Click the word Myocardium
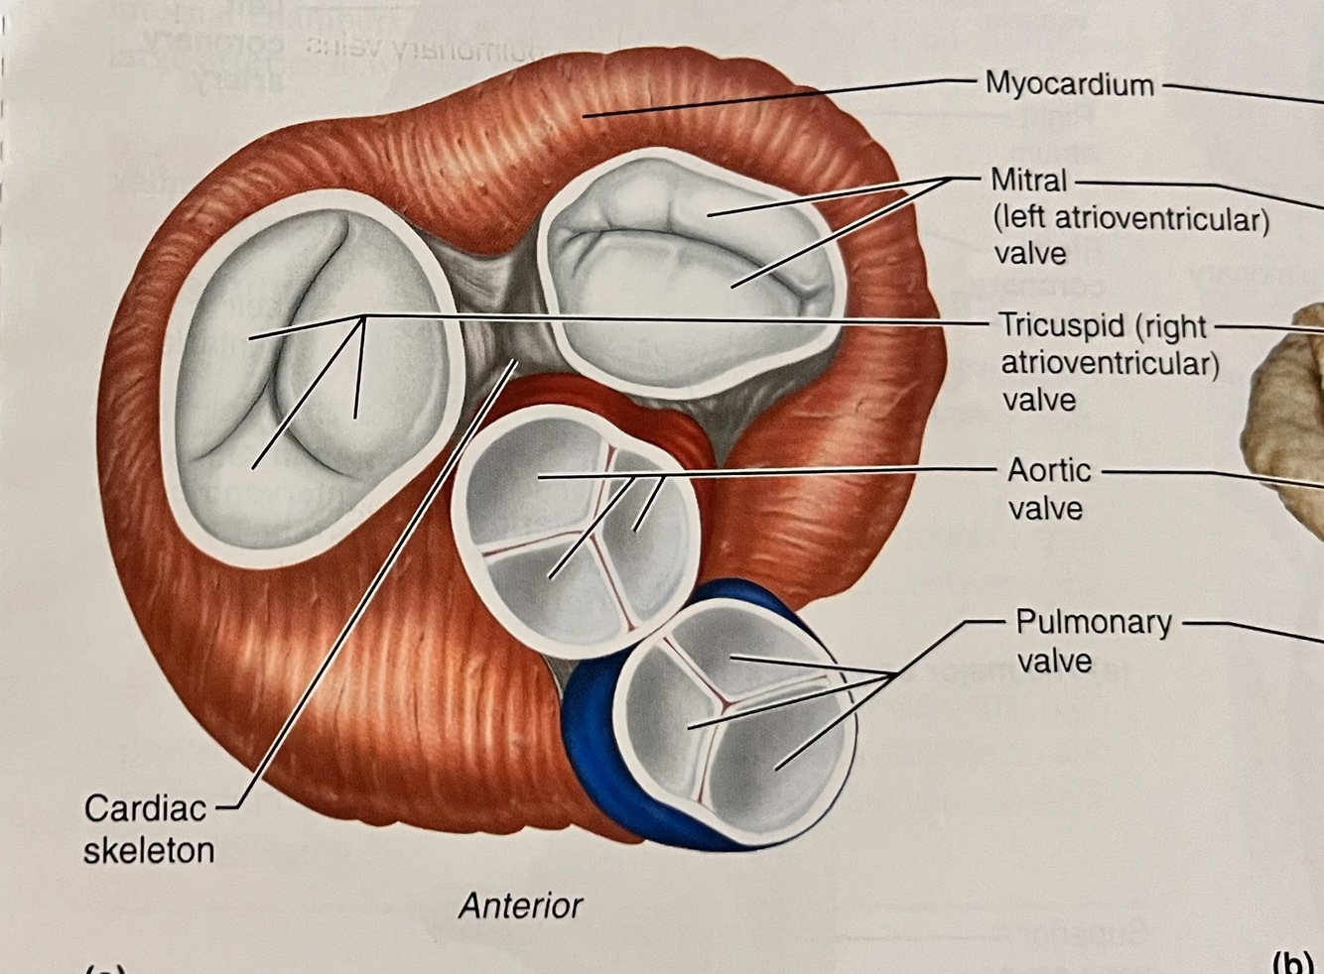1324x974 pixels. tap(1069, 84)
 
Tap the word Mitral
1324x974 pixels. tap(1029, 181)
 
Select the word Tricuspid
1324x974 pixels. tap(1061, 325)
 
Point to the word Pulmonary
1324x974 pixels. tap(1094, 623)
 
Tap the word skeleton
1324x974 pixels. tap(149, 851)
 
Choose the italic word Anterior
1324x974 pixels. tap(520, 906)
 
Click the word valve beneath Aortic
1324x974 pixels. tap(1045, 508)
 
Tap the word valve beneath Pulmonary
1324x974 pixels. tap(1054, 661)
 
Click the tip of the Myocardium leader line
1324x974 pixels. tap(586, 117)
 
